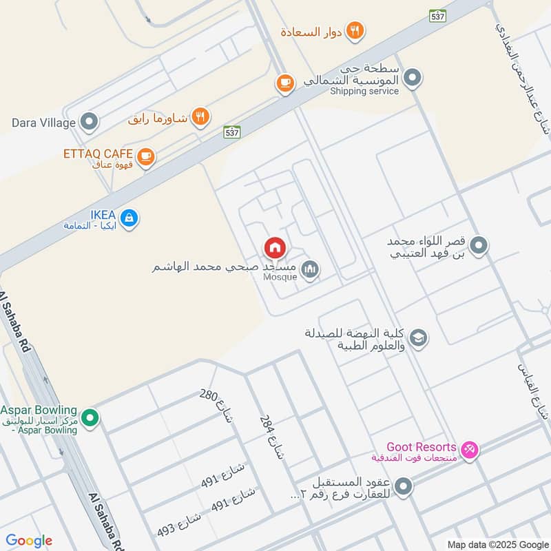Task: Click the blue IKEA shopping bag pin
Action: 129,219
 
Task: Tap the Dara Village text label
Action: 43,123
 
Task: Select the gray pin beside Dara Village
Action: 89,123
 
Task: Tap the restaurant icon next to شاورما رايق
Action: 200,116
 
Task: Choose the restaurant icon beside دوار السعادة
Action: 355,30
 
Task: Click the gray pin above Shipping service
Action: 413,78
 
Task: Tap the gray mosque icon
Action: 310,269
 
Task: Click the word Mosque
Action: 280,277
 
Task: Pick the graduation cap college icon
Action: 417,337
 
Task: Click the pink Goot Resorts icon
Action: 470,450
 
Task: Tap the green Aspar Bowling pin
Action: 89,417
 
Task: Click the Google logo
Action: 29,541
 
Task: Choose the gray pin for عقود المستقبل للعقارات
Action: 404,487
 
